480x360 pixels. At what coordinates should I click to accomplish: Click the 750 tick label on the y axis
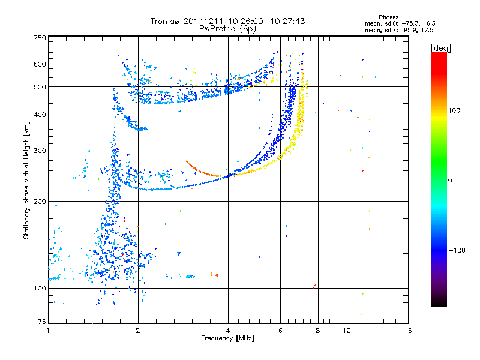click(40, 38)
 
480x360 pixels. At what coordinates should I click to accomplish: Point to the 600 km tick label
click(40, 64)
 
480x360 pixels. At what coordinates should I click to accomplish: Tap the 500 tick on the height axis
click(40, 87)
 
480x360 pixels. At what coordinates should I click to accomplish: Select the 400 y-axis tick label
click(40, 115)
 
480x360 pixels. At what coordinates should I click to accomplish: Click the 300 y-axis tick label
click(40, 151)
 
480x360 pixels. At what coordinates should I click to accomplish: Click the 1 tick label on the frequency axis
click(48, 331)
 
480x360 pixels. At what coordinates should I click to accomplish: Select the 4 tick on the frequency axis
click(228, 331)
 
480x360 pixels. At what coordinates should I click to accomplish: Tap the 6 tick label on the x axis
click(281, 331)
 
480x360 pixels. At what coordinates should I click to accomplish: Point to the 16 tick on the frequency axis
click(407, 331)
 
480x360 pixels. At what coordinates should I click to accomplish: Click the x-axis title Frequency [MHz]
click(227, 338)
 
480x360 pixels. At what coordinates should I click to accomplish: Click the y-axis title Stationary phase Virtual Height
click(26, 180)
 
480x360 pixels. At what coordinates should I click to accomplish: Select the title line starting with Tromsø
click(227, 21)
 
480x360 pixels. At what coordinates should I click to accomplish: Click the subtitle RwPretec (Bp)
click(227, 28)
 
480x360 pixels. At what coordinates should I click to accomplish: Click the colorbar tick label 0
click(450, 180)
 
